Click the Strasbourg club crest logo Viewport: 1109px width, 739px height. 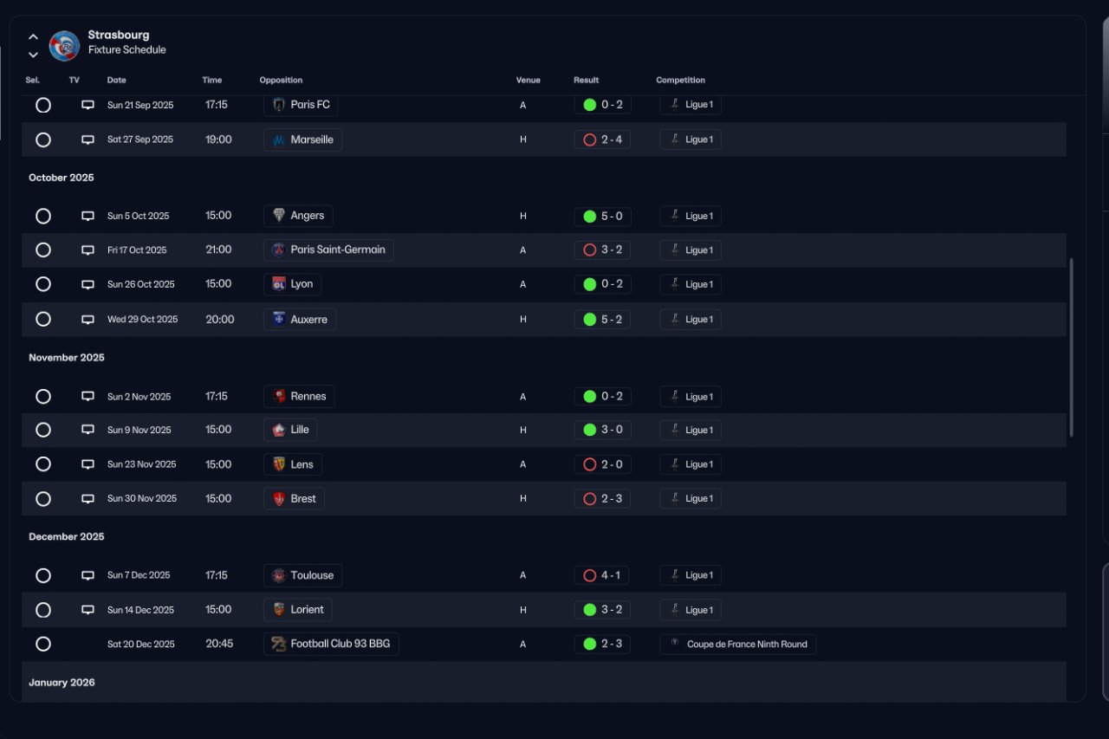click(64, 45)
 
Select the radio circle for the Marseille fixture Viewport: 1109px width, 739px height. click(43, 139)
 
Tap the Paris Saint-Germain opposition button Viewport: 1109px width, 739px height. click(328, 250)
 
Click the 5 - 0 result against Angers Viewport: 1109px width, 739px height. click(602, 216)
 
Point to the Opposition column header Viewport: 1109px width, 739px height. click(281, 81)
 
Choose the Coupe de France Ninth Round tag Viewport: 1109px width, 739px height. click(738, 645)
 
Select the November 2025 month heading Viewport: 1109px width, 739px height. click(67, 358)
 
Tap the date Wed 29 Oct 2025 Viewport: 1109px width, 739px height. click(142, 320)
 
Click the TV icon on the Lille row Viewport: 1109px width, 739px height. click(88, 430)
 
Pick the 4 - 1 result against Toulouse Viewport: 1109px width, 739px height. click(602, 575)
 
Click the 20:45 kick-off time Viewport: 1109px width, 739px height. click(219, 645)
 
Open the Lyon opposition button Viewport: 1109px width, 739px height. click(293, 284)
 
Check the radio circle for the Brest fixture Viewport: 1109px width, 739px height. click(43, 499)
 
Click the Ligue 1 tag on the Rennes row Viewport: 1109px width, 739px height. click(691, 397)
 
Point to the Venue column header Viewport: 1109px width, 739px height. click(528, 81)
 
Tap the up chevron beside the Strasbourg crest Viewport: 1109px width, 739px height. click(33, 37)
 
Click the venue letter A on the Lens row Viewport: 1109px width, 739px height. click(522, 464)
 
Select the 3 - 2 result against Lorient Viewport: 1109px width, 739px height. click(602, 610)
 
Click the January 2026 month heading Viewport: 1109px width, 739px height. click(62, 683)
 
